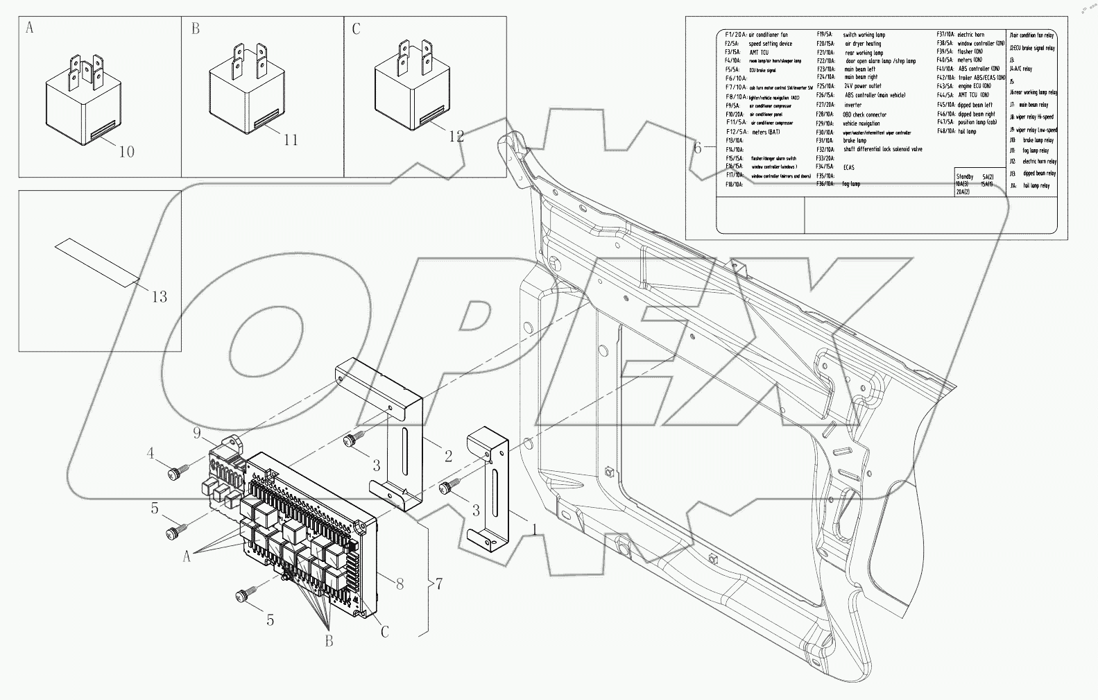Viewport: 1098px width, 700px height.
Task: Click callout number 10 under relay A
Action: [126, 151]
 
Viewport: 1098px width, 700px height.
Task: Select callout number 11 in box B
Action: [290, 140]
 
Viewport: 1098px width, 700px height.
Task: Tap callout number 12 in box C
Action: [456, 136]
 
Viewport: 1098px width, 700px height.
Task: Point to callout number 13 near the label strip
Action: [159, 297]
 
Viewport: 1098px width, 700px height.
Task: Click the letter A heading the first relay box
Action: [29, 28]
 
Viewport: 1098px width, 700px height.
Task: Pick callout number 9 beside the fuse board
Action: [198, 434]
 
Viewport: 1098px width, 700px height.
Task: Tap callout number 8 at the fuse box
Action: [399, 584]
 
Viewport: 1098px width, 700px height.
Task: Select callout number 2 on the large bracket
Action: [448, 456]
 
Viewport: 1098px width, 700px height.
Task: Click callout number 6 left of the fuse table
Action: [698, 147]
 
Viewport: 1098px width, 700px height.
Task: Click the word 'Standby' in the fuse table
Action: [965, 178]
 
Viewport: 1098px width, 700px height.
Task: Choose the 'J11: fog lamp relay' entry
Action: [1030, 151]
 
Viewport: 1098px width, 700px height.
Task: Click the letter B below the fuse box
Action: [329, 641]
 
